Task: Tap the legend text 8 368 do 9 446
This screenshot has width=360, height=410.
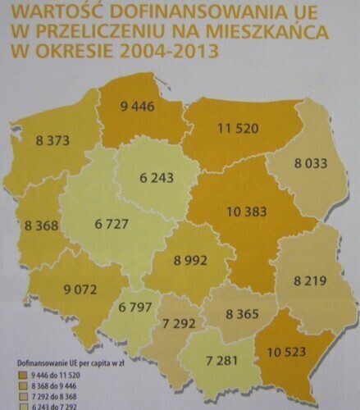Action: tap(51, 385)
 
